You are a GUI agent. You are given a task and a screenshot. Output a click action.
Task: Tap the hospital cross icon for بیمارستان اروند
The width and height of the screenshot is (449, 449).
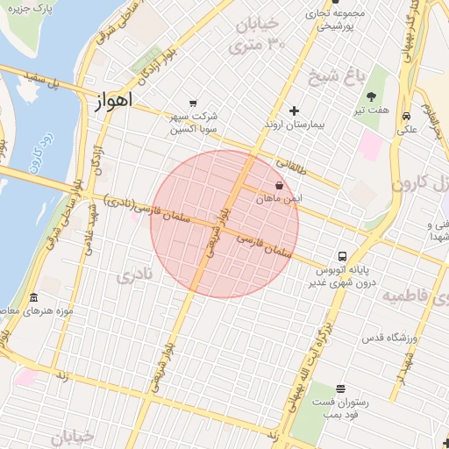click(294, 110)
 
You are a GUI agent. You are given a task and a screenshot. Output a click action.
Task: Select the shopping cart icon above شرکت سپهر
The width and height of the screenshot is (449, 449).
click(192, 103)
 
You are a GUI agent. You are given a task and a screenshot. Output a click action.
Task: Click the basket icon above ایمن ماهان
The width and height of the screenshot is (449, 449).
click(279, 186)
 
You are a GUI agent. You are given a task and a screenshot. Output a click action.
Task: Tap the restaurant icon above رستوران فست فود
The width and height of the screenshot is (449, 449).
click(340, 388)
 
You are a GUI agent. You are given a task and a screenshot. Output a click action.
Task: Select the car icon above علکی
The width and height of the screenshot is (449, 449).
click(406, 117)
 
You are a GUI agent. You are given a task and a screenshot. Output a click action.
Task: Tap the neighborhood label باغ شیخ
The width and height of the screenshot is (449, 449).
click(334, 76)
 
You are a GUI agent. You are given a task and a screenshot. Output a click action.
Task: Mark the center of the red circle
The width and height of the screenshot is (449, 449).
click(224, 224)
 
